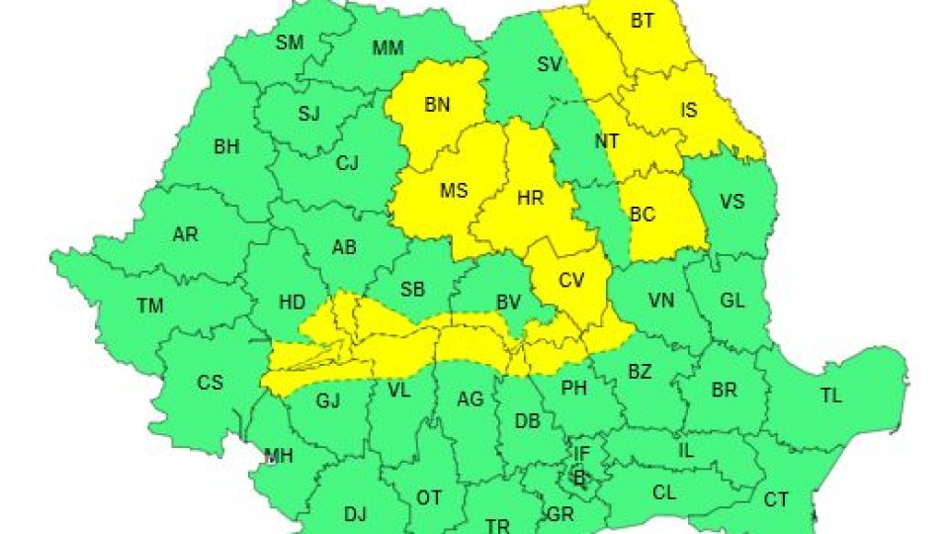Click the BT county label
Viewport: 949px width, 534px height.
(643, 21)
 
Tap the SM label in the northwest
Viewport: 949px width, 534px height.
(290, 42)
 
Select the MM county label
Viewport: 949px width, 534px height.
(388, 47)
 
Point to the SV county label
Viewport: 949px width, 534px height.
(550, 66)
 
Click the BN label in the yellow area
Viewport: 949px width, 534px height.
(437, 104)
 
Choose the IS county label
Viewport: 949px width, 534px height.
(689, 110)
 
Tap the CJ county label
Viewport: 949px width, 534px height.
(347, 163)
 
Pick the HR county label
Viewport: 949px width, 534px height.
(531, 198)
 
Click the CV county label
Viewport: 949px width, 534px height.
(571, 280)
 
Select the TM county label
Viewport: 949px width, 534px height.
(150, 307)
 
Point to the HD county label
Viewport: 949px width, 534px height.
(293, 305)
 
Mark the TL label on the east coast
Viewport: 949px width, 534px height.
(830, 396)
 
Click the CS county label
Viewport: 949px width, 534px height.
(211, 382)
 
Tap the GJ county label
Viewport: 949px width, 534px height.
(327, 400)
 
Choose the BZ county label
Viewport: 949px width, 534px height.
(640, 372)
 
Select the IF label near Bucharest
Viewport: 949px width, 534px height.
(582, 454)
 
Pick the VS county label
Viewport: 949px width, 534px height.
(732, 202)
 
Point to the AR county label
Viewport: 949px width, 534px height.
(185, 234)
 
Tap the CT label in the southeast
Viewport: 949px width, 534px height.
(776, 500)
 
